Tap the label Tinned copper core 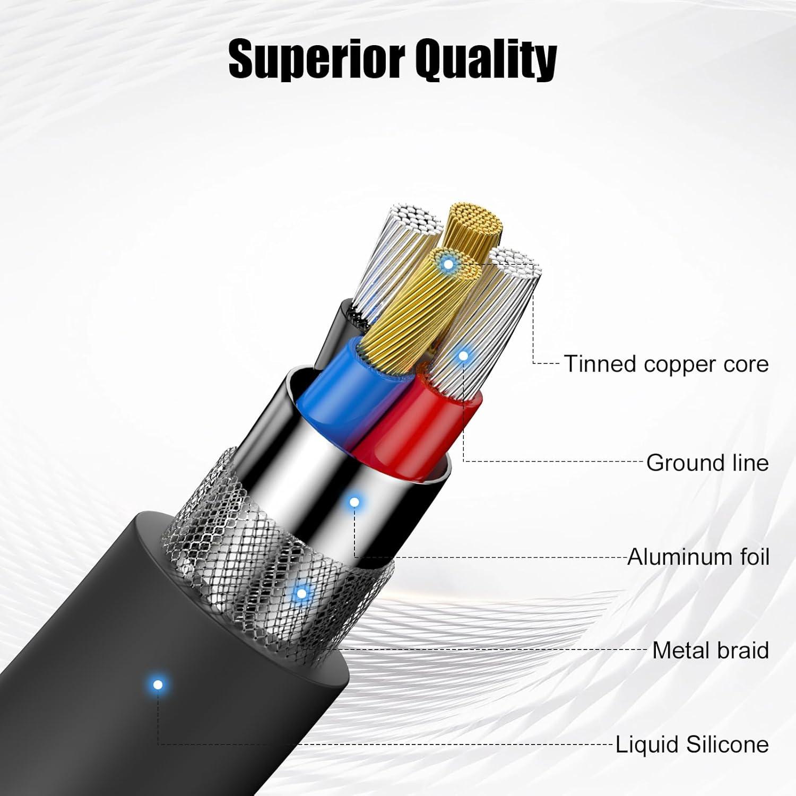tap(666, 364)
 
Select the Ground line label tap(707, 463)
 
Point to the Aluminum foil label tap(698, 557)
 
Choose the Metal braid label tap(711, 650)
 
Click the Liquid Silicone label tap(692, 744)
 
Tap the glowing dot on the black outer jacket tap(157, 685)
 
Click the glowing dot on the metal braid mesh tap(301, 593)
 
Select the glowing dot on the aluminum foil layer tap(354, 502)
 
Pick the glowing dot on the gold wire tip tap(448, 263)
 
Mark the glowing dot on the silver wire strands tap(463, 356)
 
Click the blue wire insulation tap(345, 387)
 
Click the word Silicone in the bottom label tap(727, 744)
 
